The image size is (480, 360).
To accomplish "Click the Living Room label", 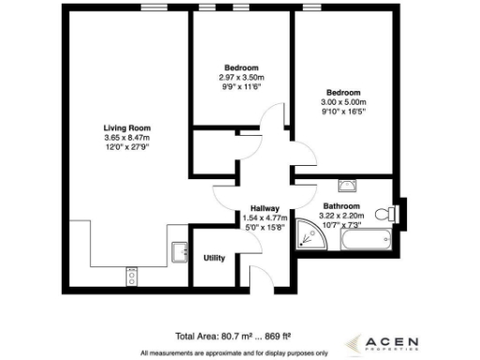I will click(127, 127).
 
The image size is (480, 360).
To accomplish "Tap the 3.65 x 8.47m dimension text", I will click(127, 138).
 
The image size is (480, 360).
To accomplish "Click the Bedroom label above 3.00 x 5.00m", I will click(343, 93).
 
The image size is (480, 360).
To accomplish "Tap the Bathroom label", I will click(342, 206).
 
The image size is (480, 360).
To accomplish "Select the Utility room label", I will click(214, 258).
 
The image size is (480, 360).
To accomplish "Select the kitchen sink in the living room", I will click(177, 251).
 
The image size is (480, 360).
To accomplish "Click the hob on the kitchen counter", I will click(130, 275).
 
